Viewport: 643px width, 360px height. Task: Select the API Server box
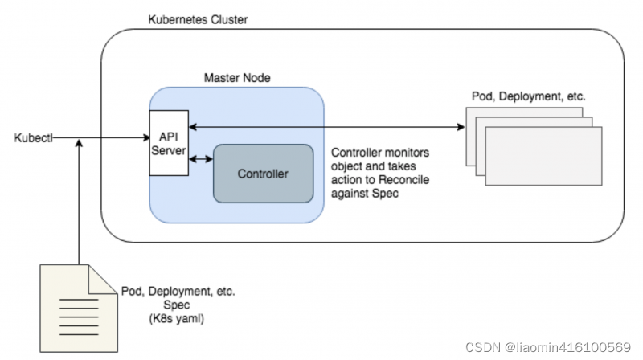coord(169,143)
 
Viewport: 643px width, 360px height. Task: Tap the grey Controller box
coord(262,174)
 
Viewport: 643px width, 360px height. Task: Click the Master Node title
coord(237,78)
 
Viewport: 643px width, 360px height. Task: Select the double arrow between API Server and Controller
coord(200,159)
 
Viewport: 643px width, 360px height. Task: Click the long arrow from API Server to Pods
coord(321,127)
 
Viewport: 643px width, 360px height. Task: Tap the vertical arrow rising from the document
coord(79,201)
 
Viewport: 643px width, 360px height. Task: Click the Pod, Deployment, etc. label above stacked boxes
coord(528,96)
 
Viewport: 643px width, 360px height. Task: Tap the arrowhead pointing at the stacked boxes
coord(461,127)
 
